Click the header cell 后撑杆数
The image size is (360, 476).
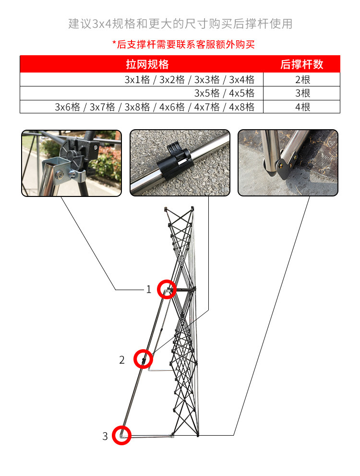tap(302, 64)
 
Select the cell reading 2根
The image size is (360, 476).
tap(302, 80)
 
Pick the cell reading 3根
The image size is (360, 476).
tap(302, 93)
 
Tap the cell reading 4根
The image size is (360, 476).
tap(302, 107)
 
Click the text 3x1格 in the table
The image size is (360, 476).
tap(137, 80)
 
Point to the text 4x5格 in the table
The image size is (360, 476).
tap(242, 93)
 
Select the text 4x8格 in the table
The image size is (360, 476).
tap(242, 107)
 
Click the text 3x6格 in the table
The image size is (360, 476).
tap(67, 107)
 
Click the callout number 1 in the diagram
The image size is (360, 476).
tap(149, 289)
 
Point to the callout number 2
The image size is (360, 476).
tap(122, 360)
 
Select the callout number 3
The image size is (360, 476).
tap(105, 436)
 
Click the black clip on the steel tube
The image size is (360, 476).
tap(176, 161)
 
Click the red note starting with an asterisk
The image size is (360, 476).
tap(183, 44)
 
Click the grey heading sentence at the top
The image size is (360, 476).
tap(180, 24)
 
